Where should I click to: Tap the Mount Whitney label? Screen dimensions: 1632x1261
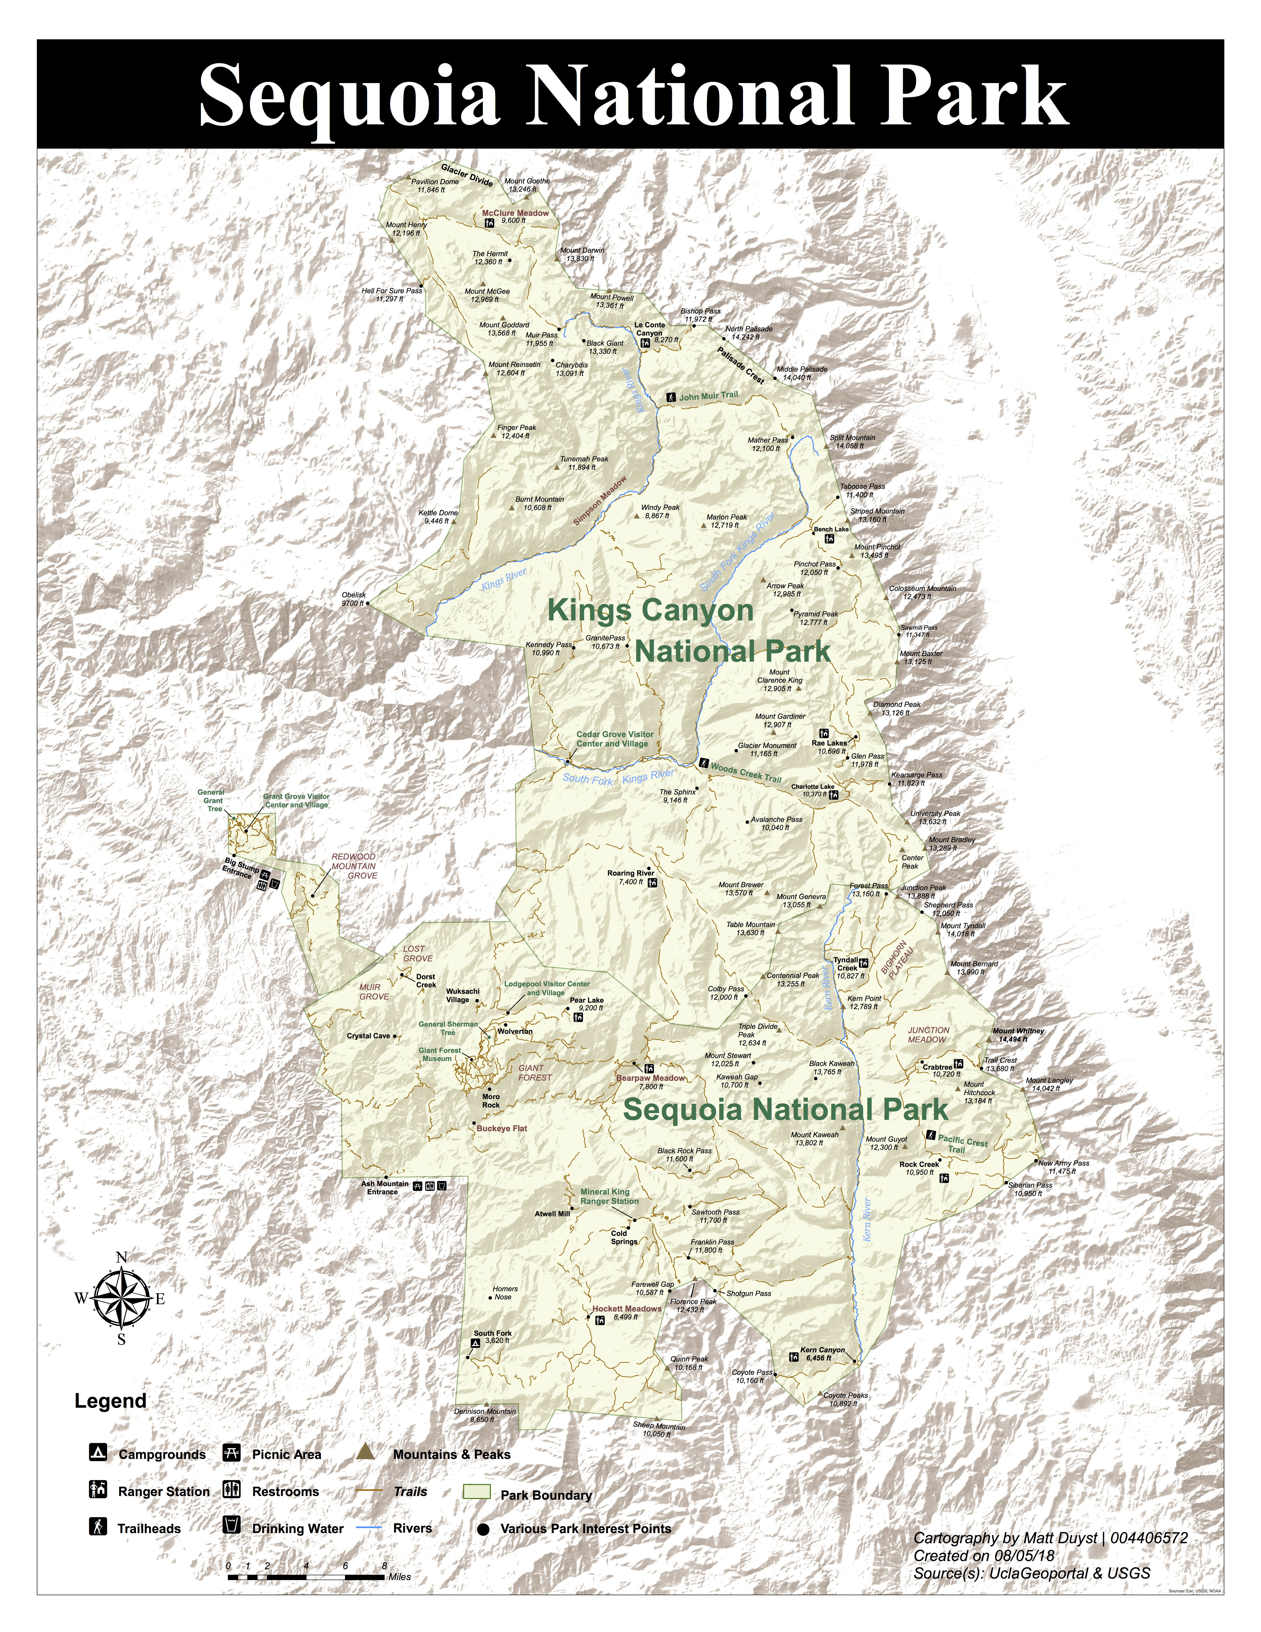click(1018, 1035)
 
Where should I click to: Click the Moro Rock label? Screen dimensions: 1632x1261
click(491, 1101)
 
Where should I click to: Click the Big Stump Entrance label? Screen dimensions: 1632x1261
click(241, 868)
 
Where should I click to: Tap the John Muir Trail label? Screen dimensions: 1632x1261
click(707, 396)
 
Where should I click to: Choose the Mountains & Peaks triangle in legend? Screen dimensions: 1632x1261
click(364, 1451)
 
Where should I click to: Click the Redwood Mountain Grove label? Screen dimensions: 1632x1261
click(354, 866)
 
